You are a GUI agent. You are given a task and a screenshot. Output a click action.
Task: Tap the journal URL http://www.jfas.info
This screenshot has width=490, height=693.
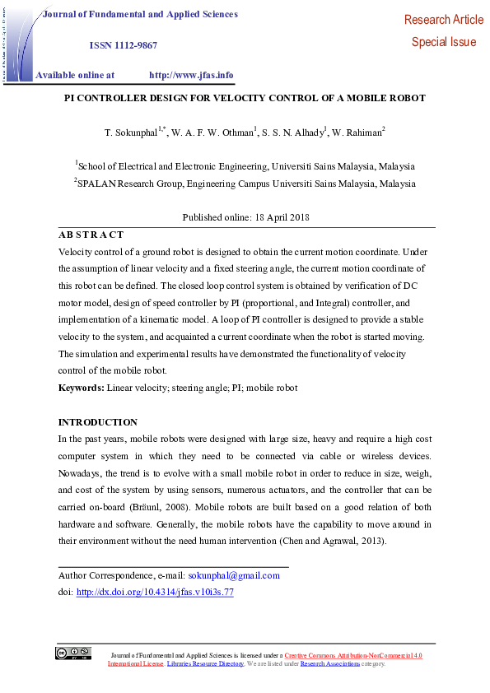click(191, 75)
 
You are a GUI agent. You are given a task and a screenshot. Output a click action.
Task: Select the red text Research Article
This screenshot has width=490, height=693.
click(444, 20)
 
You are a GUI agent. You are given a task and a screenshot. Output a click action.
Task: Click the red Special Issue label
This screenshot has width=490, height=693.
click(444, 42)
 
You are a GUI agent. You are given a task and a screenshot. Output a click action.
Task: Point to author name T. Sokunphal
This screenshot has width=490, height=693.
click(132, 132)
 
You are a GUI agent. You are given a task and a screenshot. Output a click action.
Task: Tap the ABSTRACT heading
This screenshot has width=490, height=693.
click(91, 235)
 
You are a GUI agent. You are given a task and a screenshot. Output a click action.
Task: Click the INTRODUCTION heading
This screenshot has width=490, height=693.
click(97, 422)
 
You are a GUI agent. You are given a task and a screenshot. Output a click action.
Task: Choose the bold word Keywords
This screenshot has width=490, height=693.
click(81, 387)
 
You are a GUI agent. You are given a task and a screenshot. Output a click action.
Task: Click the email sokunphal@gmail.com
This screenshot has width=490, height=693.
click(234, 575)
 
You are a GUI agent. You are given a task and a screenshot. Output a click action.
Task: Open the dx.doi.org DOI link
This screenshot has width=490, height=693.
click(155, 592)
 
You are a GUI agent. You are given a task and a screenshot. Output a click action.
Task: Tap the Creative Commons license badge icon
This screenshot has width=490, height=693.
click(73, 653)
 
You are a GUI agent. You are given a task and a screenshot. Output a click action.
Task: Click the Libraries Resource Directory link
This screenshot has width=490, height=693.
click(205, 663)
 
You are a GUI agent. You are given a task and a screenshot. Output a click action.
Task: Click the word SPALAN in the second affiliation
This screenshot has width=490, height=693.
click(98, 184)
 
